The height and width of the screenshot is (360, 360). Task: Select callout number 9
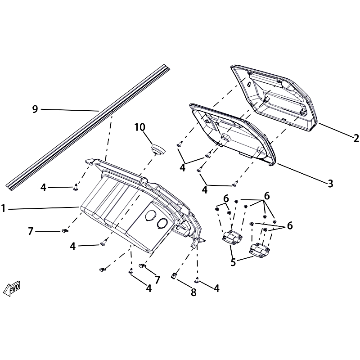35,109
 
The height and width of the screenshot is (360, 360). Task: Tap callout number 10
140,127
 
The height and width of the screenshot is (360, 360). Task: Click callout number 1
3,209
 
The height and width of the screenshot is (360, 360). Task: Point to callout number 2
356,138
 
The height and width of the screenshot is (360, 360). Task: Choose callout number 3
330,184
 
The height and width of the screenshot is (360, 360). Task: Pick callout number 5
233,262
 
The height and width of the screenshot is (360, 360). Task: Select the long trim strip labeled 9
88,127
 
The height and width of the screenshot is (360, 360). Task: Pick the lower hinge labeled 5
259,250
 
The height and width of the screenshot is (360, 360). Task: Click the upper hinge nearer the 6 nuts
232,237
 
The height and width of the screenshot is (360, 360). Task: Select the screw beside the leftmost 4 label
76,187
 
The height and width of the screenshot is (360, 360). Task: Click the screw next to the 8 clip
197,280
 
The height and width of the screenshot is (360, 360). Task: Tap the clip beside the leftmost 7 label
65,230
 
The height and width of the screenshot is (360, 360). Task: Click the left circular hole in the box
150,216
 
